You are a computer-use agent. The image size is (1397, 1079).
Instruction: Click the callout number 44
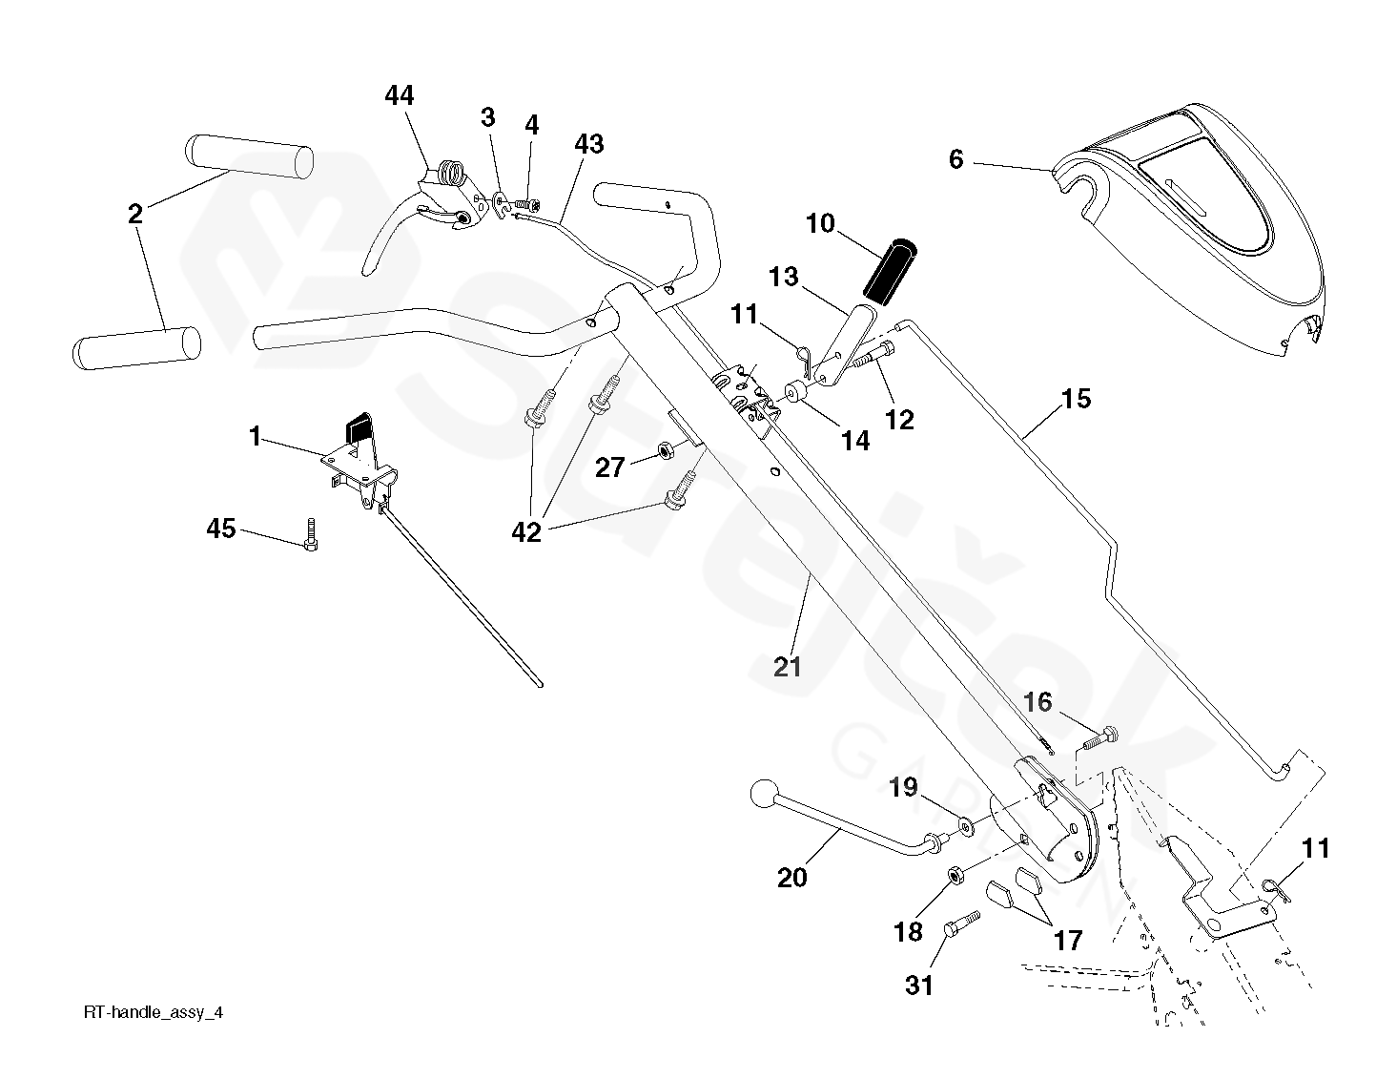pos(400,96)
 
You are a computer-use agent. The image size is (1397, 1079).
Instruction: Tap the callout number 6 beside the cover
pos(956,159)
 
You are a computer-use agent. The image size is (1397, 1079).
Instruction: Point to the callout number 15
pos(1076,399)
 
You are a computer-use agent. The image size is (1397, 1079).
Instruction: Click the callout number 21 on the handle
pos(788,667)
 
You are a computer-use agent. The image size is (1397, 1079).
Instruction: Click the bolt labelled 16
pos(1100,736)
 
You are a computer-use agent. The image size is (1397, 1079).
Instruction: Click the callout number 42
pos(526,532)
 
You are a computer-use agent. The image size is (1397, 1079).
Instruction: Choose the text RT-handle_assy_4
pos(153,1013)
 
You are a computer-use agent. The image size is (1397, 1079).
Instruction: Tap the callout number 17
pos(1068,941)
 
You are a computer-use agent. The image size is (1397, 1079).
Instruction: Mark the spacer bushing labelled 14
pos(793,393)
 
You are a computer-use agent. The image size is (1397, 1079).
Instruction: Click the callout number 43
pos(588,144)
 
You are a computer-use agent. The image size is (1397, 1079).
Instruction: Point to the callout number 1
pos(255,437)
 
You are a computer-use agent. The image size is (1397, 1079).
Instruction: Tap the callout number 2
pos(135,214)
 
